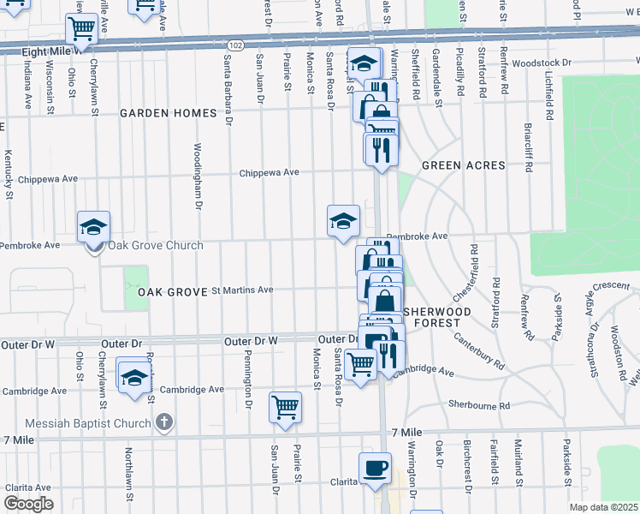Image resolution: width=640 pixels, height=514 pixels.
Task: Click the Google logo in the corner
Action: click(x=27, y=504)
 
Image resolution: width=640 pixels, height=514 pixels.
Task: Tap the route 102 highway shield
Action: click(x=234, y=45)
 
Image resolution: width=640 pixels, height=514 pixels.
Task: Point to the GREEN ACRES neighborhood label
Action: click(x=462, y=165)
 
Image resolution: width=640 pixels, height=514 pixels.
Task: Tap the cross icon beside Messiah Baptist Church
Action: click(x=166, y=421)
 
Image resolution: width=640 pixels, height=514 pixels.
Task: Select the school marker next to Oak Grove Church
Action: click(x=93, y=227)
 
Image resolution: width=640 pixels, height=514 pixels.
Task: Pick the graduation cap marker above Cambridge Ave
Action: click(x=134, y=378)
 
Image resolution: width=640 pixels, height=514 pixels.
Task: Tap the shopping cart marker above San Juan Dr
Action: click(x=285, y=407)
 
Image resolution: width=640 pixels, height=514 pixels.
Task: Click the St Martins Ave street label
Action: click(x=242, y=290)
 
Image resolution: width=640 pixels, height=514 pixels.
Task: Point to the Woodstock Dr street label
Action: click(x=542, y=63)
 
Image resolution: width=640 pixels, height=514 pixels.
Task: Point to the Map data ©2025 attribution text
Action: click(x=603, y=507)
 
